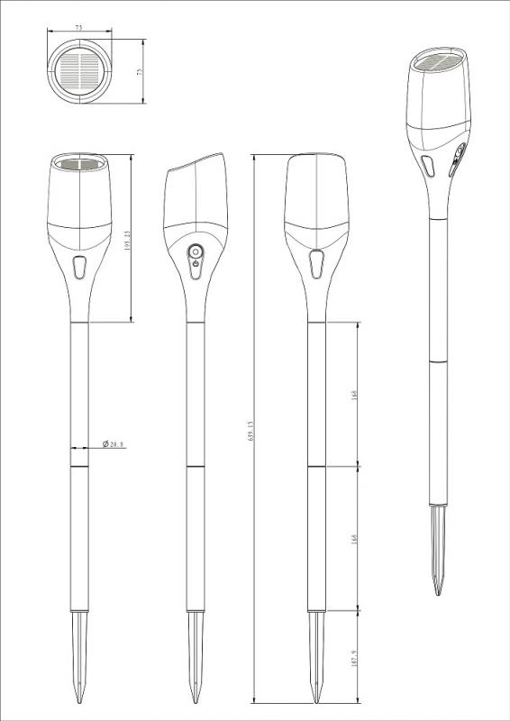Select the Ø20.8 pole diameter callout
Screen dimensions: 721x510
[114, 444]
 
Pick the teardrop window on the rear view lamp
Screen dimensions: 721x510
[316, 265]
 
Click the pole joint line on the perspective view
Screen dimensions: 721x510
[440, 361]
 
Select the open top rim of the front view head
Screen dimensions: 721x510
[80, 165]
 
